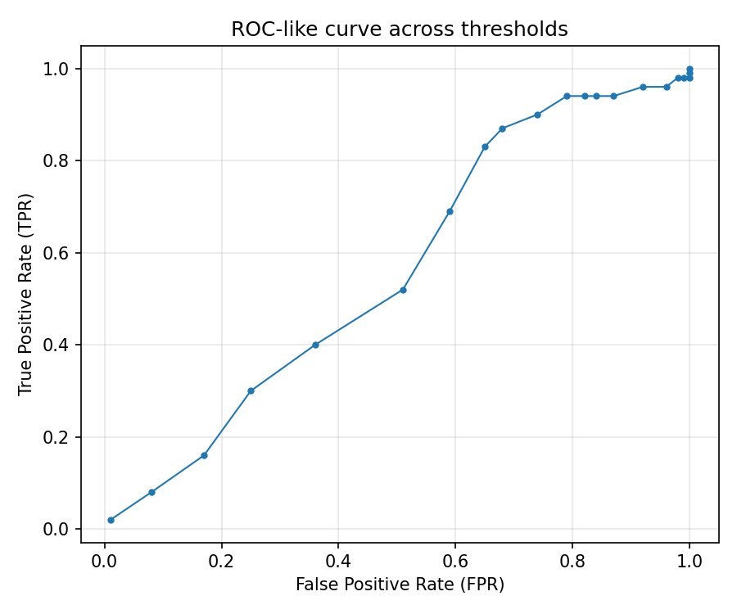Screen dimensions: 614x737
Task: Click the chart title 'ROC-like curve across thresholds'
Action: tap(400, 29)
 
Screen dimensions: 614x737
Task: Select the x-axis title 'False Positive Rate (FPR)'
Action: tap(400, 585)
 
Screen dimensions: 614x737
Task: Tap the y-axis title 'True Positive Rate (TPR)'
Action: tap(26, 294)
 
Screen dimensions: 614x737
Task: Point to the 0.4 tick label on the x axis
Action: tap(338, 562)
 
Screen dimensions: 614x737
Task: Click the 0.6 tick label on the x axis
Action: tap(455, 562)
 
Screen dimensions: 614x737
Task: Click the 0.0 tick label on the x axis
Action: tap(105, 562)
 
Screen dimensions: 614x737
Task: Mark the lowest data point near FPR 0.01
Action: tap(111, 520)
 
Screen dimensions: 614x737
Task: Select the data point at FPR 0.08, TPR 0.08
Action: tap(151, 492)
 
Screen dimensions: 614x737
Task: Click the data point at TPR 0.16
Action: tap(204, 455)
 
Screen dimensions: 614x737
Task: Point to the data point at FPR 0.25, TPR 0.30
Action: tap(251, 391)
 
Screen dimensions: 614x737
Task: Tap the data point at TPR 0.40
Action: tap(315, 345)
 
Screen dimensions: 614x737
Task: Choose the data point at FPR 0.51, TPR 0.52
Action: tap(403, 290)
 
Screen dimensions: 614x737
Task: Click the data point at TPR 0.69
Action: tap(450, 211)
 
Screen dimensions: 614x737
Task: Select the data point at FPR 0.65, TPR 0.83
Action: tap(485, 147)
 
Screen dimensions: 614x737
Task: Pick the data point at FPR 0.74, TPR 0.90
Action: tap(537, 115)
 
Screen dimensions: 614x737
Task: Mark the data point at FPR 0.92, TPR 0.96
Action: tap(643, 87)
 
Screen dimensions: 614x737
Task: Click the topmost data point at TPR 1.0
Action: tap(690, 69)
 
